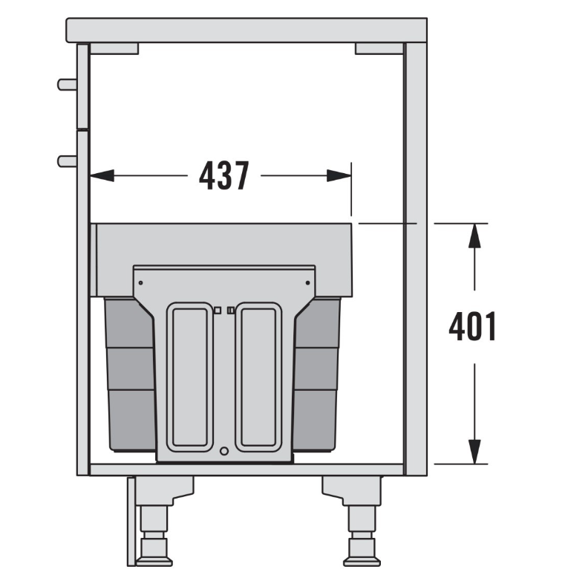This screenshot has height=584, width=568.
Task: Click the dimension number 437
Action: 224,176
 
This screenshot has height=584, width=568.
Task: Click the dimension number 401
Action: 473,326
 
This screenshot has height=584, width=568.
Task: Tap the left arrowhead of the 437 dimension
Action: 102,175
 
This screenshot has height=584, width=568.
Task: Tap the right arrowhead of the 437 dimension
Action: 339,175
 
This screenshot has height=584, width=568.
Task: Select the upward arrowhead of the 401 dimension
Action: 474,236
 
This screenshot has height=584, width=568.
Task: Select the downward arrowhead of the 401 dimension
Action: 474,452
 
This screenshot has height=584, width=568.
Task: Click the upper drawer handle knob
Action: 67,85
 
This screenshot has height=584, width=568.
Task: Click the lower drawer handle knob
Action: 67,161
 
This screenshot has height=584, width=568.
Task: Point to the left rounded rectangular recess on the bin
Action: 190,377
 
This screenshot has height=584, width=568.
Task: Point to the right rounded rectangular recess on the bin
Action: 258,377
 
